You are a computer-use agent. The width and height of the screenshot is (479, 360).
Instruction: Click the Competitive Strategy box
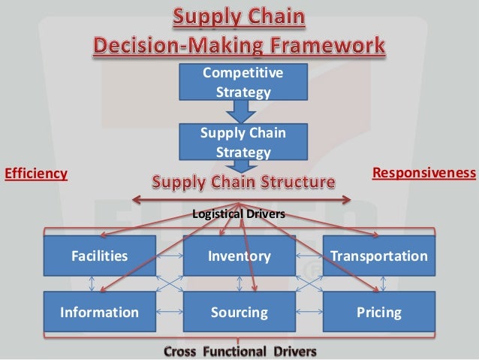pyautogui.click(x=239, y=83)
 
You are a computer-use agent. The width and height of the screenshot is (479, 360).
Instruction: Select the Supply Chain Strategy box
pyautogui.click(x=239, y=143)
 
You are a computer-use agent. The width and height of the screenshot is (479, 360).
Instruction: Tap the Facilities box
pyautogui.click(x=100, y=256)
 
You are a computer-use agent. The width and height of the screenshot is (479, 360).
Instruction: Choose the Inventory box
pyautogui.click(x=239, y=256)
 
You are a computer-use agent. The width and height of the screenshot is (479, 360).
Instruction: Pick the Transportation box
pyautogui.click(x=379, y=256)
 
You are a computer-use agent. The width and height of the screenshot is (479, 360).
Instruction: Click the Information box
pyautogui.click(x=100, y=312)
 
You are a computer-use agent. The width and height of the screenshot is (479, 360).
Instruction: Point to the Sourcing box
pyautogui.click(x=239, y=312)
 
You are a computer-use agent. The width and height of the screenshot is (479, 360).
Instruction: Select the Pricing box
pyautogui.click(x=379, y=312)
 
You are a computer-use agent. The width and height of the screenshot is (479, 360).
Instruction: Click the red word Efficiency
pyautogui.click(x=36, y=174)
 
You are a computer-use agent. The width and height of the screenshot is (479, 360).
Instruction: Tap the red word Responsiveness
pyautogui.click(x=424, y=174)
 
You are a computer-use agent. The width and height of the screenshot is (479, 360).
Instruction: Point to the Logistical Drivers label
pyautogui.click(x=239, y=215)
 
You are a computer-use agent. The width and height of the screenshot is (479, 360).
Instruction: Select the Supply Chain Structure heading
pyautogui.click(x=243, y=182)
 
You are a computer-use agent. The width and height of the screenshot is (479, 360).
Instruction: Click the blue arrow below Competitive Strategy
pyautogui.click(x=239, y=111)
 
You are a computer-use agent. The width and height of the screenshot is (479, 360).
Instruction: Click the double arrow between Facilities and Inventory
pyautogui.click(x=170, y=256)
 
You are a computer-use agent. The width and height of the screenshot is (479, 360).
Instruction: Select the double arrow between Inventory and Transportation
pyautogui.click(x=309, y=256)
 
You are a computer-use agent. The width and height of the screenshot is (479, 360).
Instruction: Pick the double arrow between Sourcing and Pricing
pyautogui.click(x=309, y=312)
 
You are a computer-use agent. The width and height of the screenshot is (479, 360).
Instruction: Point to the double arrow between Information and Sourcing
pyautogui.click(x=170, y=312)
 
